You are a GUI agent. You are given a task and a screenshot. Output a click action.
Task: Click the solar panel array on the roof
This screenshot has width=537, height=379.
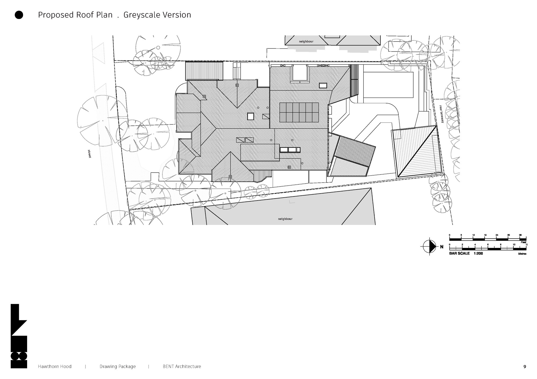pos(299,112)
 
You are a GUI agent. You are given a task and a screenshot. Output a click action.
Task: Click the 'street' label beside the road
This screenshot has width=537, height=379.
pos(89,154)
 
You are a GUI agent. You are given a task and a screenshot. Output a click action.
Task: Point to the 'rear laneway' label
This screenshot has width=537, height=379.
pos(441,114)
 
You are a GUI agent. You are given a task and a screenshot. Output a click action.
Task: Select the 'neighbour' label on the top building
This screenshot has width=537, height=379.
pos(306,42)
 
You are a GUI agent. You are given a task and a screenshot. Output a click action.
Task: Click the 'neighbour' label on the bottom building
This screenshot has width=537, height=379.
pos(285,219)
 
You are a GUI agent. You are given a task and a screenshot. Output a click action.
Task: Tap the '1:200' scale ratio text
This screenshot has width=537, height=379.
pos(478,253)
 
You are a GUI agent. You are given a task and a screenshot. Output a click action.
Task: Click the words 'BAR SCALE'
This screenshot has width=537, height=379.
pos(459,253)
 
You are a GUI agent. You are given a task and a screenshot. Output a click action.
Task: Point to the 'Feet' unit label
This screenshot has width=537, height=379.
pos(523,242)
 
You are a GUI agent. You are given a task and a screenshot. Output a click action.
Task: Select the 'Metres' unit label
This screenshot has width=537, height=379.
pos(522,254)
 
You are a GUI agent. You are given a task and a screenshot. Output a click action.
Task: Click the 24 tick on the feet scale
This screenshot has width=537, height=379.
pos(497,235)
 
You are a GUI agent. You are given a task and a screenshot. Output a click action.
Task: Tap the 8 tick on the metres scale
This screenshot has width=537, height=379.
pos(501,245)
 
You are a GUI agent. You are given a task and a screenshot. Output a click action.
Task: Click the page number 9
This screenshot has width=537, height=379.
pos(525,367)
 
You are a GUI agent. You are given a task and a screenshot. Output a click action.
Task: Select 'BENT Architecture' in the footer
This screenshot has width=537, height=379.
pos(182,366)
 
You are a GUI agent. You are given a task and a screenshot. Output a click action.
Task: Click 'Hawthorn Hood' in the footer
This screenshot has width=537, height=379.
pos(55,366)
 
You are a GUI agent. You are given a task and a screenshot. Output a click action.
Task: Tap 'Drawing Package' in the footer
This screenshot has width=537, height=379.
pos(118,366)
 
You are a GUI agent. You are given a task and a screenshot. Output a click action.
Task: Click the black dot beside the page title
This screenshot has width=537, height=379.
pos(19,15)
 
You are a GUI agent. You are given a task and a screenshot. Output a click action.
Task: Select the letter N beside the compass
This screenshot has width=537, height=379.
pos(442,247)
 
